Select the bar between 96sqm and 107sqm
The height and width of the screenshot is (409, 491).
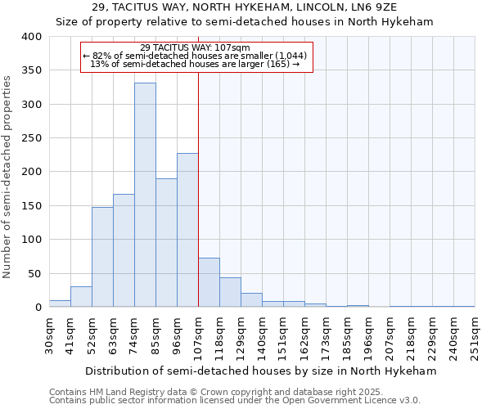tap(187, 230)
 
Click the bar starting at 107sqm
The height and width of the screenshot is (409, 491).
tap(209, 282)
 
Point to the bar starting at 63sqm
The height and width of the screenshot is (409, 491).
tap(124, 250)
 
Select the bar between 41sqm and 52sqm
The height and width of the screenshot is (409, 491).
tap(81, 297)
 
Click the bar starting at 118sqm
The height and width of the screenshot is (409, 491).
tap(230, 292)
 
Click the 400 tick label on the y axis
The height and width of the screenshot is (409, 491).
tap(31, 37)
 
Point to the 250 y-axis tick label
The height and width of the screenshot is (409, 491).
tap(31, 138)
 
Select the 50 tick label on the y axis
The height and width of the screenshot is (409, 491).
tap(34, 273)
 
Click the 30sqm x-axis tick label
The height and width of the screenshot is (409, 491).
tap(50, 335)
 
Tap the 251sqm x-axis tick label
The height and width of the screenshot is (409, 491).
tap(475, 335)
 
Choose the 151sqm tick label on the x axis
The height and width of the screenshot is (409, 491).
tap(284, 335)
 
